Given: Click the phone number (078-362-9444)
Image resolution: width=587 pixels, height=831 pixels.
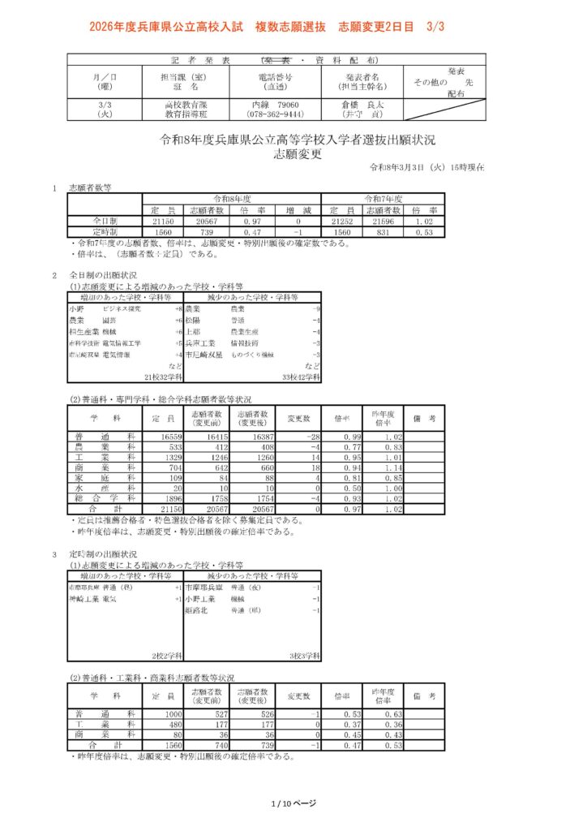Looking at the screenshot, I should tap(275, 115).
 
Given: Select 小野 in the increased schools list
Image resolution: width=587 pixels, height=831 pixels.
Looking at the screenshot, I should tap(77, 309).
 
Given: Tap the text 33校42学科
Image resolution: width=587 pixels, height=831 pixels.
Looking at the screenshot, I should tap(300, 377).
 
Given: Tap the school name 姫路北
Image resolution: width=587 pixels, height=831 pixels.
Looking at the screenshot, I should tap(198, 609).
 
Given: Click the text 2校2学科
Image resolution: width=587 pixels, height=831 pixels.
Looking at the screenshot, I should tap(166, 655).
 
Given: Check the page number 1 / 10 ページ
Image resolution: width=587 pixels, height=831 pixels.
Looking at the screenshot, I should tap(293, 803).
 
